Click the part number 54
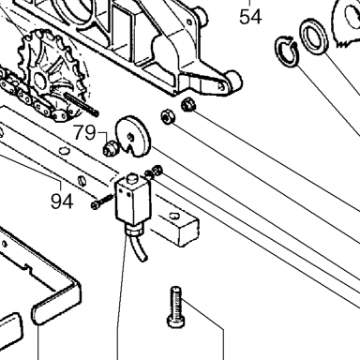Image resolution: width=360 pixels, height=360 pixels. pos(250,17)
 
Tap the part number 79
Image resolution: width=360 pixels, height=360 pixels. pos(84,133)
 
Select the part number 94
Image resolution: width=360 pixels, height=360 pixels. pos(62,202)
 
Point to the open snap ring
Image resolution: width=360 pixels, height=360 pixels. pos(287,51)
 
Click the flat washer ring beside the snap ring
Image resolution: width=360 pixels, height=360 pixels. pos(314,37)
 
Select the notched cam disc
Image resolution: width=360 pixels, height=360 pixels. pos(134,137)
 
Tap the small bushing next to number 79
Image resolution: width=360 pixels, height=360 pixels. pos(111,148)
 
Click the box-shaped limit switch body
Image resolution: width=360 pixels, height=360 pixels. pos(133,201)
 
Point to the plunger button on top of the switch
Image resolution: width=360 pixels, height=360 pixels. pos(132,179)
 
